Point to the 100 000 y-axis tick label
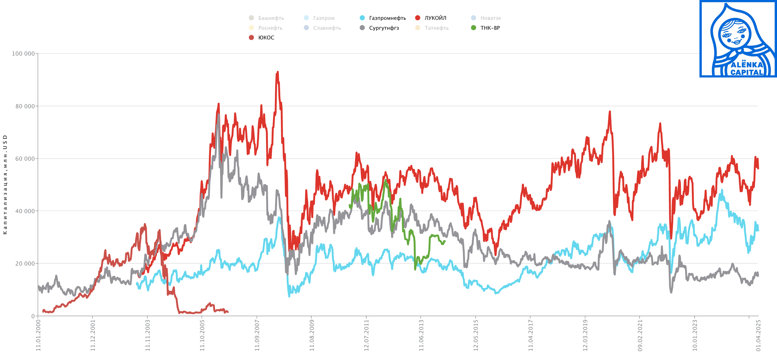point(23,54)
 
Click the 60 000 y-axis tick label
point(25,159)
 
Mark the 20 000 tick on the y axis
point(25,263)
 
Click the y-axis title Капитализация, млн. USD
point(5,184)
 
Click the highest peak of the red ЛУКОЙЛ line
point(278,72)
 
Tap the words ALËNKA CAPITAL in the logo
point(746,69)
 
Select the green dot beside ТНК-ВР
point(474,28)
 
